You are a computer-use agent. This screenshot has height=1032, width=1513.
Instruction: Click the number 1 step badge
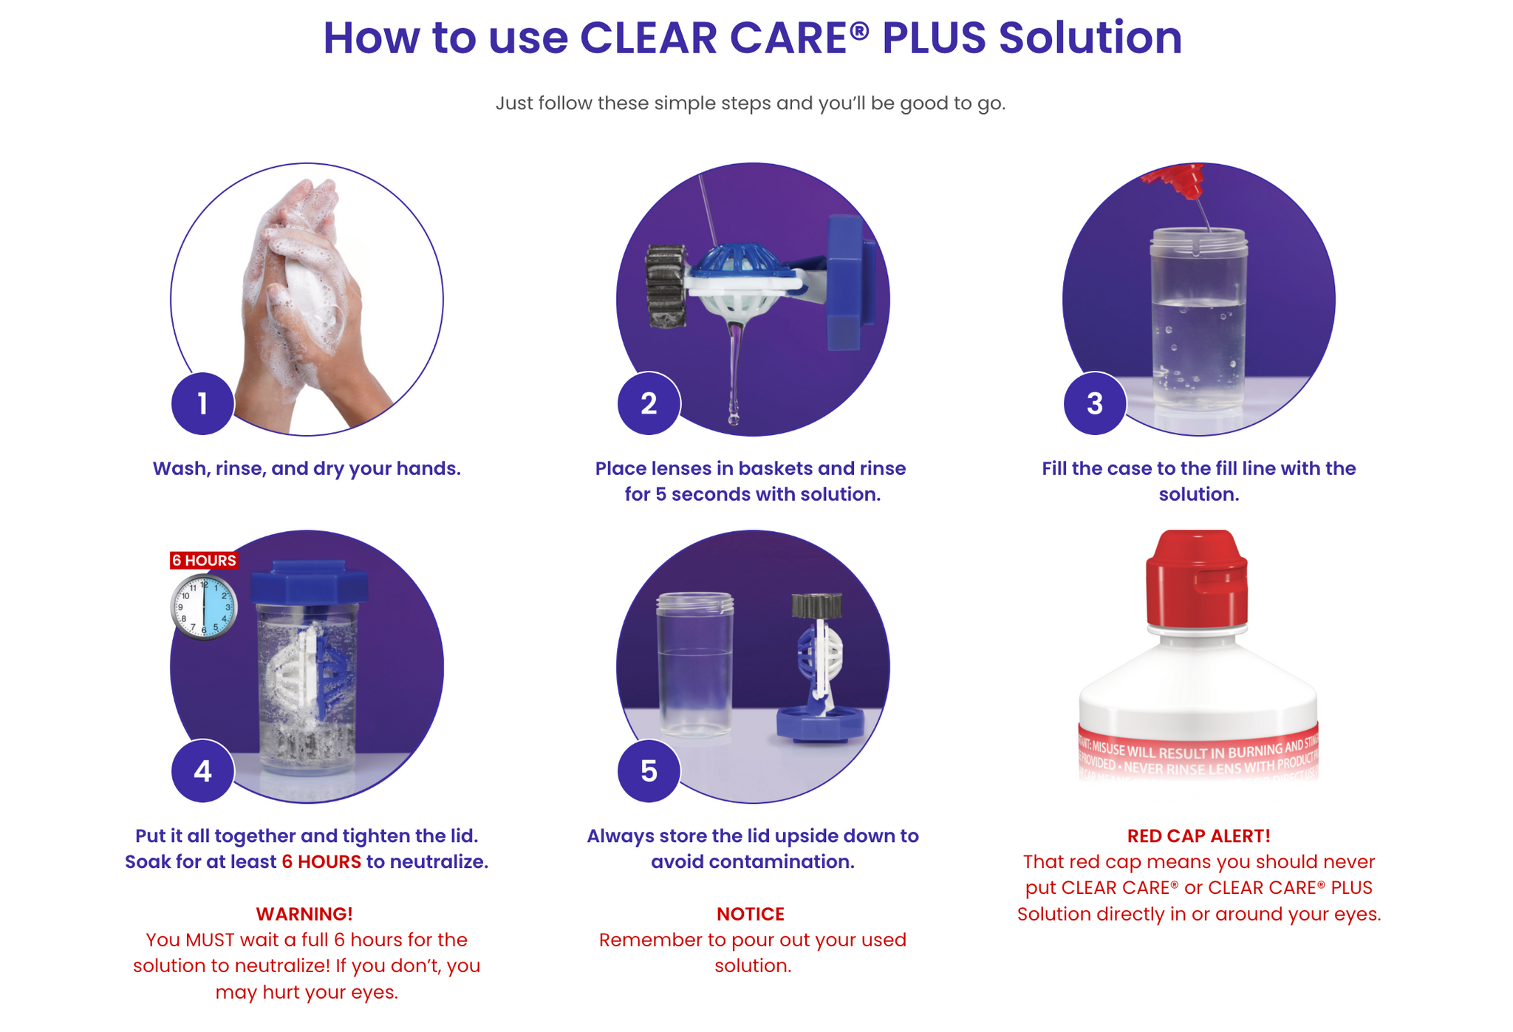click(x=202, y=403)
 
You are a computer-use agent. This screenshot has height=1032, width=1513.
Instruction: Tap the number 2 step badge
click(x=649, y=403)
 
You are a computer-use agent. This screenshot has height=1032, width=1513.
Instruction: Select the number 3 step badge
click(x=1095, y=403)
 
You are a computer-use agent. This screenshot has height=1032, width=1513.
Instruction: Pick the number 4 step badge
click(x=202, y=771)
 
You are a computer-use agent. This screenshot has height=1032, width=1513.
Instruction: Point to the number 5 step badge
click(x=649, y=771)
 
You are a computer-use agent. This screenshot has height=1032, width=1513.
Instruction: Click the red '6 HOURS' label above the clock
click(x=204, y=560)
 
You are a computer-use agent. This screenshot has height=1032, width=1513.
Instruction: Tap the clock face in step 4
click(x=205, y=606)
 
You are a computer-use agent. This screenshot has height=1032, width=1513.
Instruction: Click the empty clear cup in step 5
click(x=695, y=665)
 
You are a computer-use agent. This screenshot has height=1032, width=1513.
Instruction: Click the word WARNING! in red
click(x=304, y=914)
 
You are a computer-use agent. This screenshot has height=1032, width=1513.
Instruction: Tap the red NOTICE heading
click(x=750, y=914)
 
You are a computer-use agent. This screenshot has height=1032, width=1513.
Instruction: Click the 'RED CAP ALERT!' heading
click(x=1198, y=835)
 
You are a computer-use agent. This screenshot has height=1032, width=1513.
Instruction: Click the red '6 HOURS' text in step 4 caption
click(x=321, y=861)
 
